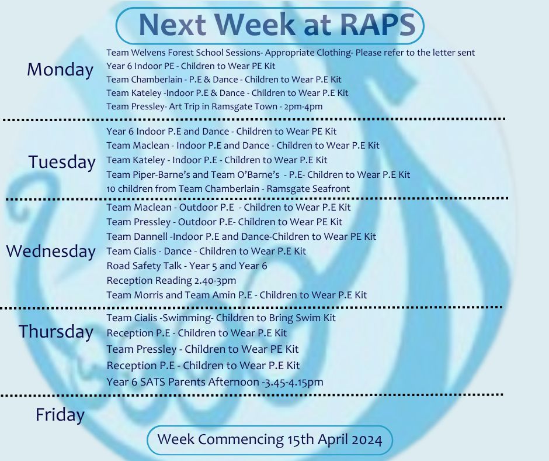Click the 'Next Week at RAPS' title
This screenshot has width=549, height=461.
pos(277,25)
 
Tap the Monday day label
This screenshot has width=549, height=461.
pos(60,69)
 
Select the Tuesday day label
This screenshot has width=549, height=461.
pos(62,161)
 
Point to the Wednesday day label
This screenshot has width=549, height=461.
pos(51,251)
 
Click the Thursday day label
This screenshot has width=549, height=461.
pos(56,332)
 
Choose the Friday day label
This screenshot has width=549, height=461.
pos(60,415)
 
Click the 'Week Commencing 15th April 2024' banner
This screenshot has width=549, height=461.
pos(270,439)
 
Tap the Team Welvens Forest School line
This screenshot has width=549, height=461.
pos(291,53)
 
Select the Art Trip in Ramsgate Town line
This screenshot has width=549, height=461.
pos(214,106)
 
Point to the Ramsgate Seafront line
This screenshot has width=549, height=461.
pos(228,189)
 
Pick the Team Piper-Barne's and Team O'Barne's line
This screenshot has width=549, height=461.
pos(258,174)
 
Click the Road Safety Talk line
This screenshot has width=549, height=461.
pos(187,266)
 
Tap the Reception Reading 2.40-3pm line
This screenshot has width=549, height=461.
pos(171,281)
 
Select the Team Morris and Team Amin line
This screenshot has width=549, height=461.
pos(237,295)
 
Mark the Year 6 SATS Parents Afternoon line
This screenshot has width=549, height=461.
pos(214,381)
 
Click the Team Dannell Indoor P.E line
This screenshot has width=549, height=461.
pos(241,236)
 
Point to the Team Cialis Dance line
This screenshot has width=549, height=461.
pos(206,251)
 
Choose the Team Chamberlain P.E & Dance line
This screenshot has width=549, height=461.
pos(224,80)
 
